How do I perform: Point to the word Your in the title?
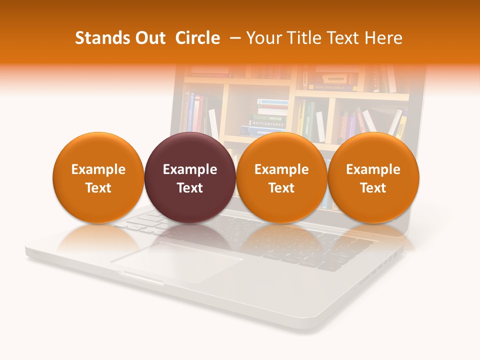click(263, 38)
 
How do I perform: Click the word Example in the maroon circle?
click(190, 169)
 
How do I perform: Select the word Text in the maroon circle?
click(190, 188)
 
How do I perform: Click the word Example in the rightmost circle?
click(373, 169)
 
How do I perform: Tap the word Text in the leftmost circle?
click(98, 188)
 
